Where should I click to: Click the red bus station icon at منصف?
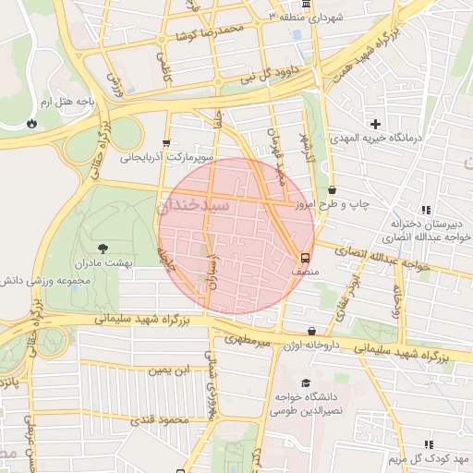(306, 258)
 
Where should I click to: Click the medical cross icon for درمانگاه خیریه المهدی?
(375, 123)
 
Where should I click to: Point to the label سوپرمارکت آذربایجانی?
(166, 158)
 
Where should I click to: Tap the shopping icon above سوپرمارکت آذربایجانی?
(165, 142)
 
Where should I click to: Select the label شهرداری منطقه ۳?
(305, 18)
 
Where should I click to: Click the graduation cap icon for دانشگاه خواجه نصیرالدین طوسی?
(305, 382)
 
